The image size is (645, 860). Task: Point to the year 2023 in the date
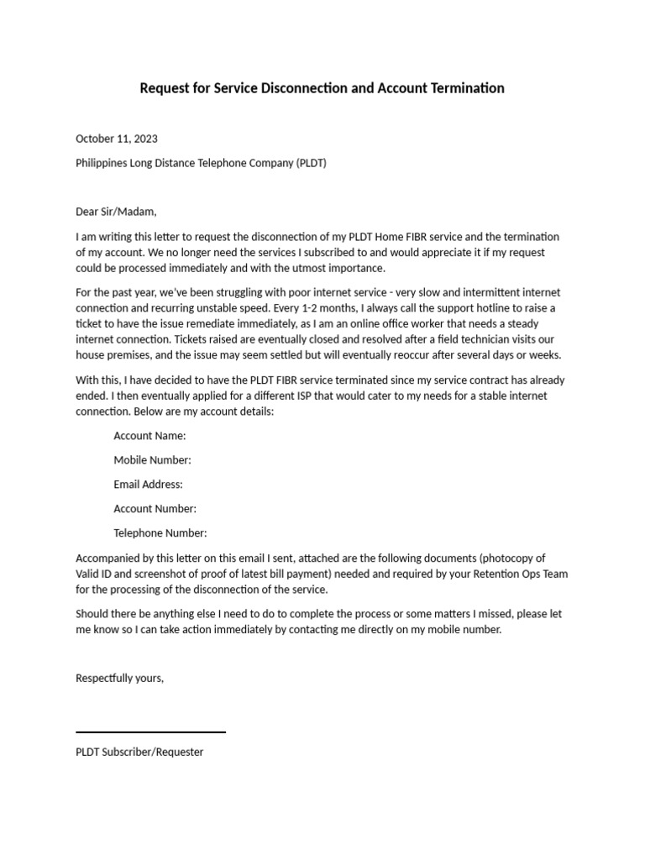(x=144, y=139)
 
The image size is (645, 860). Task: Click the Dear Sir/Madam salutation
(x=116, y=212)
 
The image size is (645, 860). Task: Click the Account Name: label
(x=149, y=436)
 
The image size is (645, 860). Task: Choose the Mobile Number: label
(x=152, y=460)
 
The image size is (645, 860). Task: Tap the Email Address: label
(x=148, y=485)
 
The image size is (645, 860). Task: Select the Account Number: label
(x=155, y=509)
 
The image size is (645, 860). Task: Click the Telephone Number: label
(x=160, y=533)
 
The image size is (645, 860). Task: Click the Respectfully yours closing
(x=119, y=679)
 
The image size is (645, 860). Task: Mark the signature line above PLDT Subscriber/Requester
(x=150, y=732)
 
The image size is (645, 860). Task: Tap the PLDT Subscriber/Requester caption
(x=139, y=752)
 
